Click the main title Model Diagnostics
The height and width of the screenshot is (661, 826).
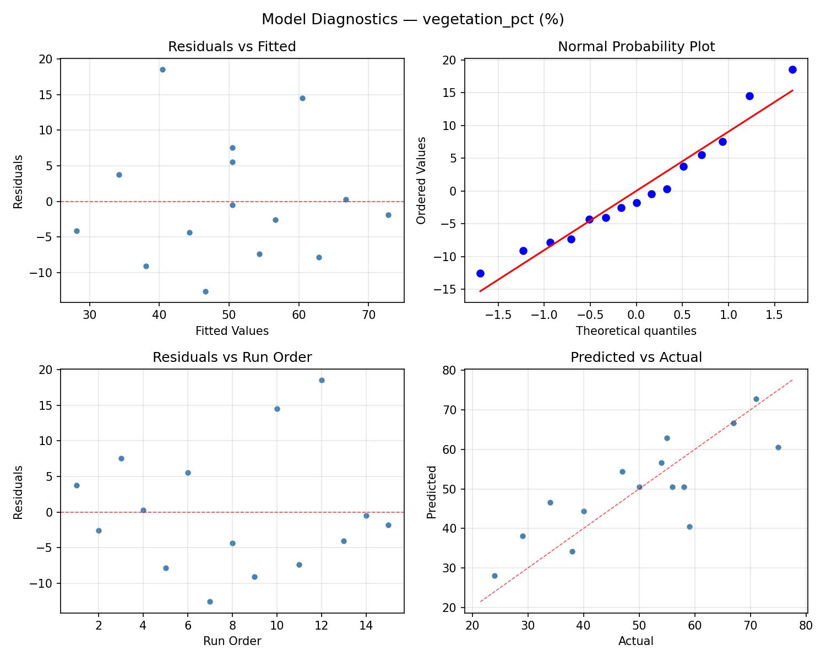click(x=412, y=19)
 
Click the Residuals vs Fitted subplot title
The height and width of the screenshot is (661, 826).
click(x=232, y=47)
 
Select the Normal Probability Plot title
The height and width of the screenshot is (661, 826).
click(x=636, y=47)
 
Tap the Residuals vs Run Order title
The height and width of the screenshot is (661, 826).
click(x=232, y=357)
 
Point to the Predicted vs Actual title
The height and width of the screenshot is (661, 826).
click(x=636, y=357)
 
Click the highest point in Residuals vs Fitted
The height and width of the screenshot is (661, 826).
click(x=162, y=69)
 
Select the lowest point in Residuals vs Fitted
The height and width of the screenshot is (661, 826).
click(x=205, y=291)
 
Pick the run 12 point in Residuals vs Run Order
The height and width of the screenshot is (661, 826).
click(x=322, y=380)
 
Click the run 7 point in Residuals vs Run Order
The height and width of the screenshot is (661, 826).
click(x=210, y=602)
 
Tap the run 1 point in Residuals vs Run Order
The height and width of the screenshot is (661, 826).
click(x=77, y=485)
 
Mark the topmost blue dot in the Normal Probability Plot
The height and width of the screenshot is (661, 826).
click(x=792, y=69)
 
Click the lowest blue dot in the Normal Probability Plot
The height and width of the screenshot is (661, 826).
click(x=480, y=273)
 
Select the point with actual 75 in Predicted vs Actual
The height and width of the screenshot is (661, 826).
click(x=778, y=447)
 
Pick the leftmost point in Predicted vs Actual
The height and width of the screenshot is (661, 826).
click(x=494, y=576)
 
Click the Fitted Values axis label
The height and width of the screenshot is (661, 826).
click(x=232, y=331)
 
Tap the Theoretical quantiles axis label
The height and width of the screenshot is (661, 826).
click(x=636, y=331)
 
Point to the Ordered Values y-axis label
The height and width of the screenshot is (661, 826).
click(x=421, y=180)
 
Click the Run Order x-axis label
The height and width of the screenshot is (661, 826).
click(x=232, y=641)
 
